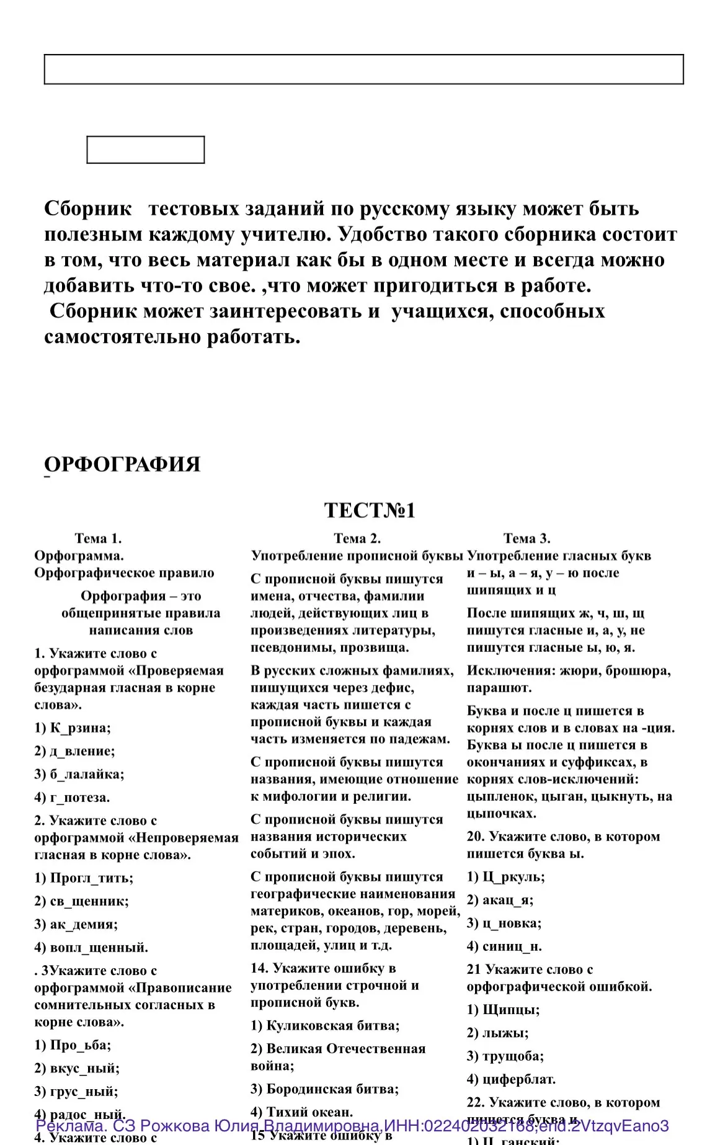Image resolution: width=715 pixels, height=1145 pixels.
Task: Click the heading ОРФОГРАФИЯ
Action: (122, 464)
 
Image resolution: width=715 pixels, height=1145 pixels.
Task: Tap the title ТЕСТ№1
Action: (370, 510)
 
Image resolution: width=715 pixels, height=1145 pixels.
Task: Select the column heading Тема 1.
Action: (98, 538)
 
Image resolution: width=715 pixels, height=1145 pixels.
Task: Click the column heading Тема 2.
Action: (357, 538)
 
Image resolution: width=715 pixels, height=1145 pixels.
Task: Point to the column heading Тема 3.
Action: (526, 538)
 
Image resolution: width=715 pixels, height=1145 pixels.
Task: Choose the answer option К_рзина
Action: (73, 728)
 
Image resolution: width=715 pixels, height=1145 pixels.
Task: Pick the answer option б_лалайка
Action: (79, 774)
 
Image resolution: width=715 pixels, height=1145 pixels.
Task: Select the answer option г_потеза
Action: (72, 797)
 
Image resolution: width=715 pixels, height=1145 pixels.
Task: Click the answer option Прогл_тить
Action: (84, 878)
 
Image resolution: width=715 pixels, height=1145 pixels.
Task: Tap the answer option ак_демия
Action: (76, 924)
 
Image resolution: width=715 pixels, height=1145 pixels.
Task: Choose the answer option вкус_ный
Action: (77, 1068)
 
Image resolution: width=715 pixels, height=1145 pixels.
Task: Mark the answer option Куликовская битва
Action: (325, 1025)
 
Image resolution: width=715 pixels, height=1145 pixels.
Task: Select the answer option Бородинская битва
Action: (324, 1089)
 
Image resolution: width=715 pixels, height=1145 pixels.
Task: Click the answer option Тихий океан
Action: (301, 1112)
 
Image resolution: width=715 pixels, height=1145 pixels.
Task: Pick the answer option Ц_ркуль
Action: (505, 876)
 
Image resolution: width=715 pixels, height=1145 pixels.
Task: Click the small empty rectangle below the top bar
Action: (145, 149)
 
